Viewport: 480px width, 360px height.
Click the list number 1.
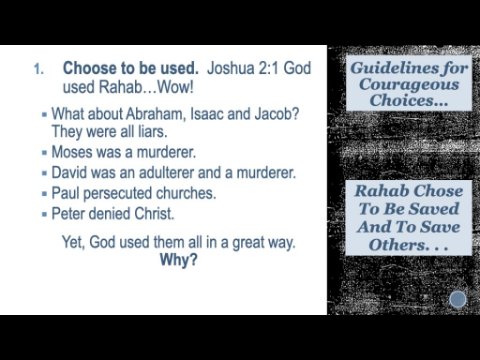coord(38,69)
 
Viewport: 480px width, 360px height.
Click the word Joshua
coord(231,68)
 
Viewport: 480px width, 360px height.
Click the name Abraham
coord(155,114)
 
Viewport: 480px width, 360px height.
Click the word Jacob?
coord(277,114)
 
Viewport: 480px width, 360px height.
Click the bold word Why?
coord(179,260)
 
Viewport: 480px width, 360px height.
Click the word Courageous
coord(409,85)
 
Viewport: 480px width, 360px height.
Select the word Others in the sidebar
coord(398,245)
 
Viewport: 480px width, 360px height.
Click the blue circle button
coord(458,299)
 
